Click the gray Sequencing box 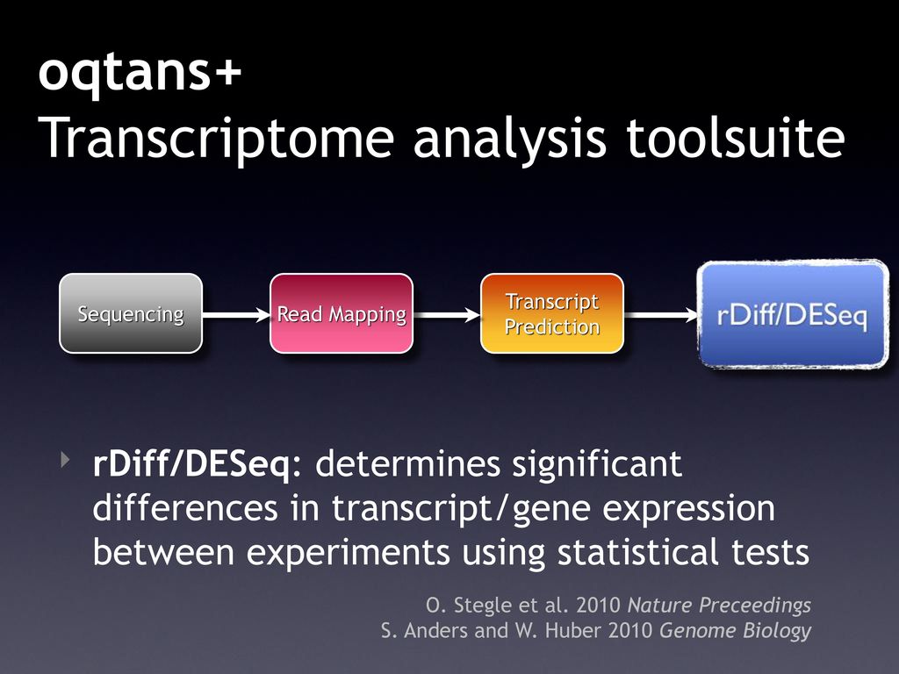coord(131,313)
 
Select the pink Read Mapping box coord(342,313)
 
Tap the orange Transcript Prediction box coord(552,313)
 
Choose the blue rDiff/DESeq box coord(793,314)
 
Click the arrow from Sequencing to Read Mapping coord(236,315)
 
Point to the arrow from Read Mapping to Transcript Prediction coord(447,315)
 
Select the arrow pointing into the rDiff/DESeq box coord(661,315)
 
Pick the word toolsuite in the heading coord(736,137)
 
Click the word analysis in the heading coord(510,139)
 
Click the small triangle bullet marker coord(65,459)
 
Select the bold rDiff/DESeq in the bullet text coord(191,464)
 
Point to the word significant coord(597,464)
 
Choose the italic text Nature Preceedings coord(720,606)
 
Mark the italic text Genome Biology coord(736,631)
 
